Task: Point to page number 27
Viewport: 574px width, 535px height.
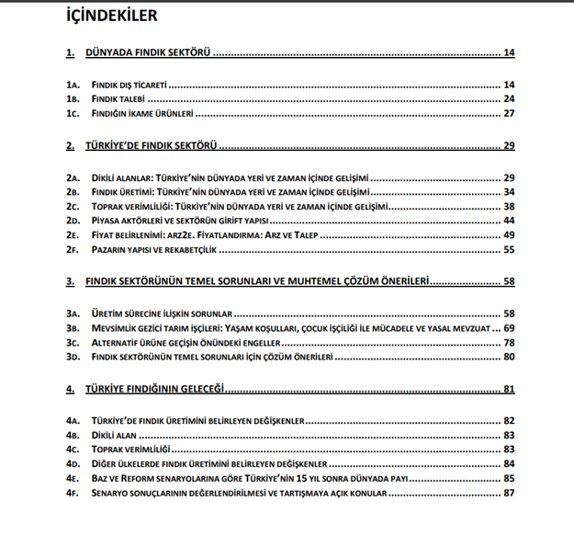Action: coord(508,114)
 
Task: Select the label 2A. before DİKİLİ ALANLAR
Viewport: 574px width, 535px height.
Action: coord(73,176)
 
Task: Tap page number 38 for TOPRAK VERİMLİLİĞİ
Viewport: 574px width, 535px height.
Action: coord(508,206)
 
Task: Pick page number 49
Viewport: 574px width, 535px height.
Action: coord(508,235)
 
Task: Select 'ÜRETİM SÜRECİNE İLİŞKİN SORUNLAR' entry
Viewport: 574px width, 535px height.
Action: coord(167,313)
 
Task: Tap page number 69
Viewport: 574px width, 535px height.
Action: coord(508,327)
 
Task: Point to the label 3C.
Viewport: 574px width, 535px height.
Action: coord(73,342)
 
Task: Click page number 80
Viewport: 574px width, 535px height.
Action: coord(508,357)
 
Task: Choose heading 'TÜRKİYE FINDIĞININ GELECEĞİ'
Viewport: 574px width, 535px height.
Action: coord(156,389)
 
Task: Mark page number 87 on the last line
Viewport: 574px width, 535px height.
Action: coord(508,493)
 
